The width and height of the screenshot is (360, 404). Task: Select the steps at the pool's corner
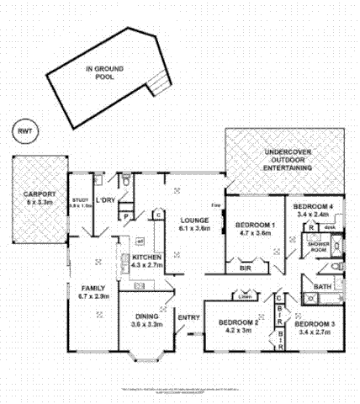point(156,82)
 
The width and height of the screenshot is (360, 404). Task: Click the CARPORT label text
point(39,193)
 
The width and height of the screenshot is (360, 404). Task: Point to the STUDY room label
point(80,199)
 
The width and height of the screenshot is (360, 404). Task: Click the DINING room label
point(146,316)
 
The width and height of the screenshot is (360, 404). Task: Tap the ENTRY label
point(188,316)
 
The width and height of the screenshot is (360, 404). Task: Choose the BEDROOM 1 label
point(256,225)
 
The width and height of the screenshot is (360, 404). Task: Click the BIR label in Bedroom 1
point(246,268)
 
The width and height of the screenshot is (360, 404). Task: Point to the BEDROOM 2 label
point(237,322)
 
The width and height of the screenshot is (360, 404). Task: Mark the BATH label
point(322,286)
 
